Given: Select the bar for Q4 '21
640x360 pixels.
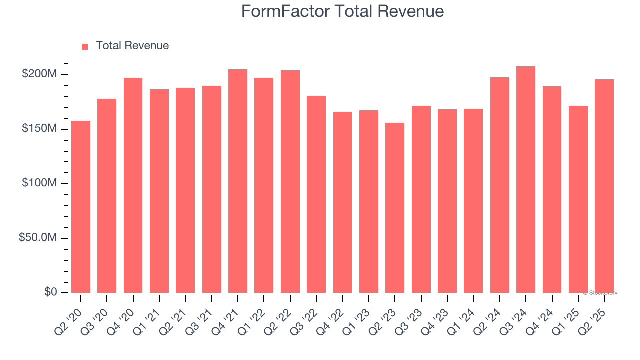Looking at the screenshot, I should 238,181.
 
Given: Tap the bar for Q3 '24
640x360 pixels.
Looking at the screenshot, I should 526,179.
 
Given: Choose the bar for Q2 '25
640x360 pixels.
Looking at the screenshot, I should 604,186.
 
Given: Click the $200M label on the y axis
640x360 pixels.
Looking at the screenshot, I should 39,74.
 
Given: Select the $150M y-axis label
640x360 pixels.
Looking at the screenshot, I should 39,129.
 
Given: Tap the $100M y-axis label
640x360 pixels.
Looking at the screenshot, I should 39,183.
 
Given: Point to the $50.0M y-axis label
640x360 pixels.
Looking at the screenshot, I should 38,238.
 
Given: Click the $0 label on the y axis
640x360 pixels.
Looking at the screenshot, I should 50,292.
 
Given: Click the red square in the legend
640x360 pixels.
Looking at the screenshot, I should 85,46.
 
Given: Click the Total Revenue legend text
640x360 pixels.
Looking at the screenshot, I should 132,46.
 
